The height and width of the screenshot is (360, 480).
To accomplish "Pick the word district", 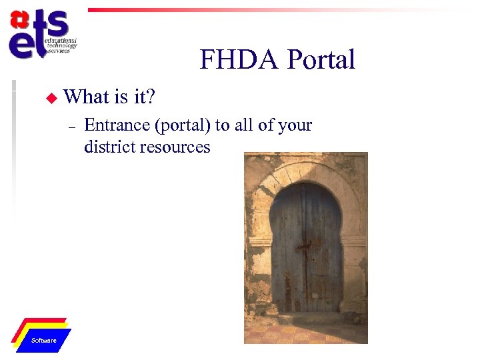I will [107, 147].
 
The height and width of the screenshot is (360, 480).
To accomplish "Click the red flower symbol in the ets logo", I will [20, 20].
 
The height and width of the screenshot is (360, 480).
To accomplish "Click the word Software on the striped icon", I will [44, 341].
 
